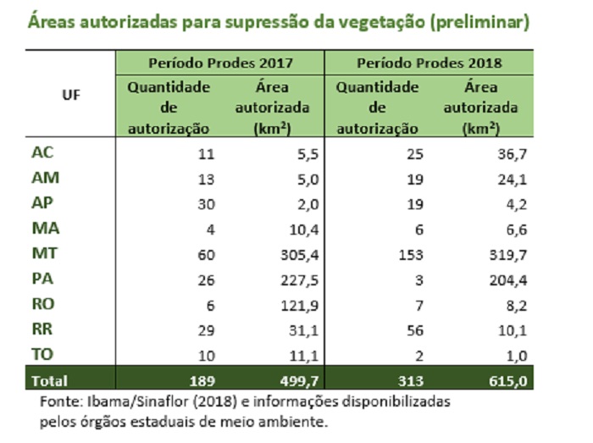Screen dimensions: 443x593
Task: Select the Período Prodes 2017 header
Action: [x=220, y=64]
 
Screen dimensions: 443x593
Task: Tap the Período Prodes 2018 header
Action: [x=429, y=64]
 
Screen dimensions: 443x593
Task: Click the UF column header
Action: [x=71, y=95]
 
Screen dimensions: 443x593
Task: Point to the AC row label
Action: [x=42, y=153]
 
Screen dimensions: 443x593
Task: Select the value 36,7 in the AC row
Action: [x=508, y=154]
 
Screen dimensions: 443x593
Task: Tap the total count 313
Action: [x=411, y=381]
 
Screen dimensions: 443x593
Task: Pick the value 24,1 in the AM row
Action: [x=508, y=179]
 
